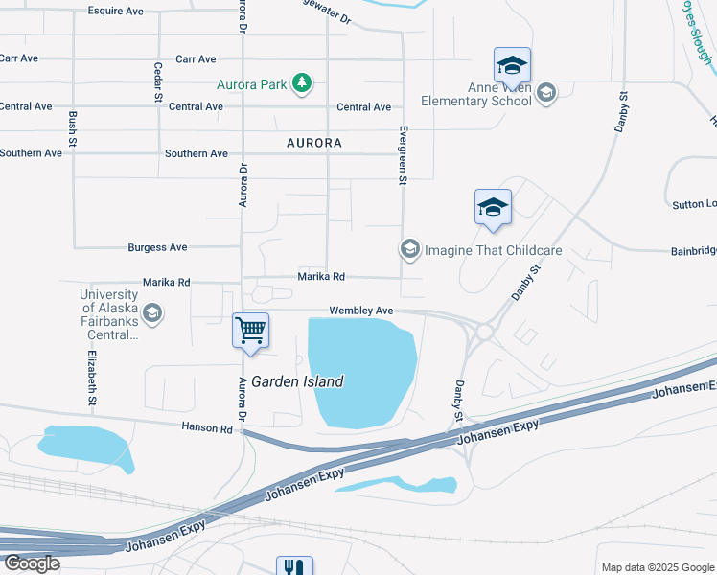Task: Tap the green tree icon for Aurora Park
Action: tap(302, 83)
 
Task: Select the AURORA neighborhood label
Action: tap(313, 143)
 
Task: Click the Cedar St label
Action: tap(158, 82)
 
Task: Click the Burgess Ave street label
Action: tap(157, 247)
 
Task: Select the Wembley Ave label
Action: tap(361, 310)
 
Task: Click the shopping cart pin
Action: tap(251, 332)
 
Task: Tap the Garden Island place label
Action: tap(297, 381)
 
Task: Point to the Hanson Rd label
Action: tap(205, 428)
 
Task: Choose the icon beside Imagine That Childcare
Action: tap(409, 250)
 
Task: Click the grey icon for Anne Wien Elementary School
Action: tap(546, 93)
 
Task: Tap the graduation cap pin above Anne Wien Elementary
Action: tap(512, 66)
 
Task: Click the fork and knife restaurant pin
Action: tap(294, 566)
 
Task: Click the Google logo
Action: tap(33, 563)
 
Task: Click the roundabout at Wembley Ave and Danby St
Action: tap(485, 332)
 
